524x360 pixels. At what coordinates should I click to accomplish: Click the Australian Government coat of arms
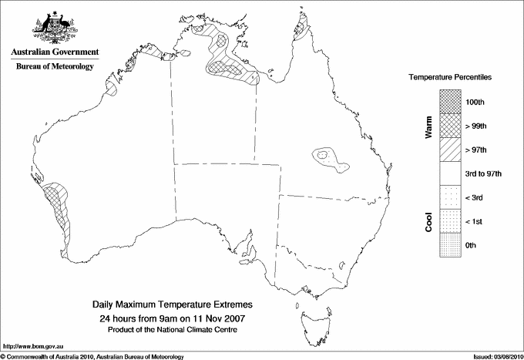point(55,26)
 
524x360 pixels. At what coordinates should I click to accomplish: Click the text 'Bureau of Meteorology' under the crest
point(55,67)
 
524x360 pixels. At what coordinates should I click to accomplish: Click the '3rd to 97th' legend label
point(484,173)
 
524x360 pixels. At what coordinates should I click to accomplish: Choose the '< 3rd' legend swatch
point(450,197)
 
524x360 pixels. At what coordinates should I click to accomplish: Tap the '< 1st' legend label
point(475,221)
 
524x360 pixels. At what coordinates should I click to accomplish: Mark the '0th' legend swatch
point(450,245)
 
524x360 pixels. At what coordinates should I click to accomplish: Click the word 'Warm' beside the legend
point(428,126)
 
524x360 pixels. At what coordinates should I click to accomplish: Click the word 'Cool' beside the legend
point(428,221)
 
